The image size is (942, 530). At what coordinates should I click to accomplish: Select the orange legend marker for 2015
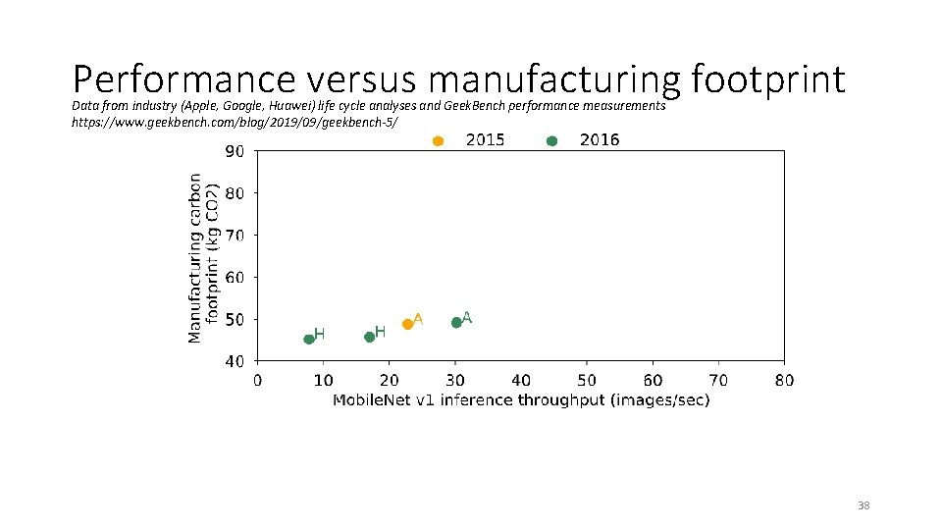click(439, 141)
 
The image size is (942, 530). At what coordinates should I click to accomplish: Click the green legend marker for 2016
click(551, 141)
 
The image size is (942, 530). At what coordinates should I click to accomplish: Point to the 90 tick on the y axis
click(235, 151)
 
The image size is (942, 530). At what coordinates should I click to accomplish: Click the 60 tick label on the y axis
click(235, 278)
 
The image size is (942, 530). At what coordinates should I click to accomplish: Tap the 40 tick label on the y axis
click(235, 361)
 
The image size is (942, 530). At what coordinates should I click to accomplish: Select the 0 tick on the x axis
click(258, 380)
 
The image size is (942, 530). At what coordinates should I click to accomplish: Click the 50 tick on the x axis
click(587, 380)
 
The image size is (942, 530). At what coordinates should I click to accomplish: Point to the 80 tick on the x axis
click(784, 380)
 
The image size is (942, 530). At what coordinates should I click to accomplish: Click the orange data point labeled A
click(408, 324)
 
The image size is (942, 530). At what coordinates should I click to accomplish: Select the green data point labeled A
click(456, 322)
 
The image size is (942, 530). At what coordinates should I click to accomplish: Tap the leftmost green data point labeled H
click(309, 339)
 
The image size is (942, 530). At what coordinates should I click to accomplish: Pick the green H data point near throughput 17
click(370, 337)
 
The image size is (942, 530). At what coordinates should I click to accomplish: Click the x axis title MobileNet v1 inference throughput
click(521, 399)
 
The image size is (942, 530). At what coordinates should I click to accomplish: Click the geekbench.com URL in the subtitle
click(235, 121)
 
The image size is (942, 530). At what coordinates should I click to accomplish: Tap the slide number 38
click(863, 505)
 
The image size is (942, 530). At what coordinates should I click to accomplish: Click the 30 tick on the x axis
click(455, 380)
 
